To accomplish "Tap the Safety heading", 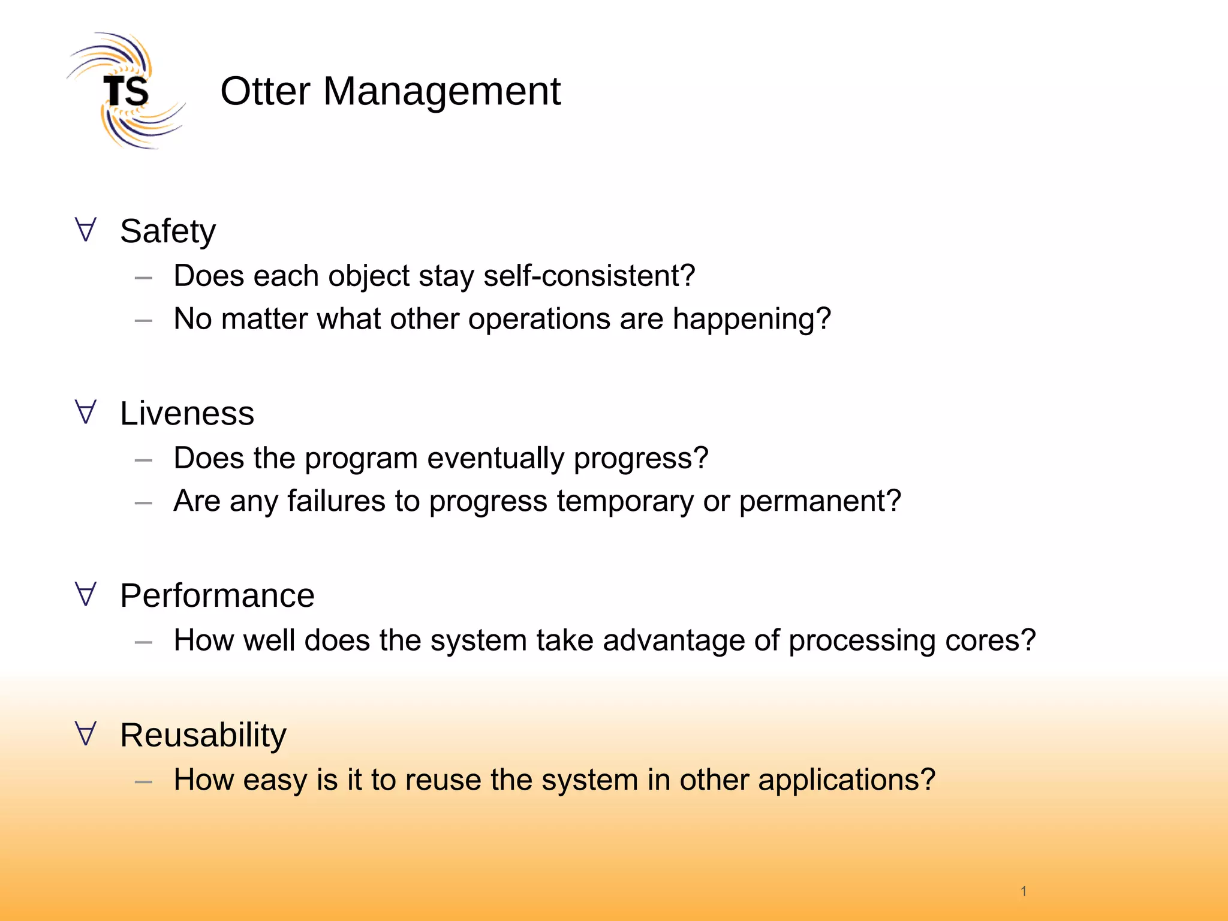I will [x=167, y=231].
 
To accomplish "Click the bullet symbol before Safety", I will [x=86, y=230].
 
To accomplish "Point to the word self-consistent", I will [x=589, y=276].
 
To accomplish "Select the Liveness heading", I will [x=187, y=414].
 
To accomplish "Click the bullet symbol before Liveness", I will [x=86, y=412].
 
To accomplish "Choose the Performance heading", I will [x=217, y=596].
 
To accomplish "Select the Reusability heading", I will [x=203, y=736].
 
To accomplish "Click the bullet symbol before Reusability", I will [x=86, y=734].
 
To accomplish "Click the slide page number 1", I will [x=1024, y=891].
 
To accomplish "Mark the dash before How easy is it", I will [x=143, y=782].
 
